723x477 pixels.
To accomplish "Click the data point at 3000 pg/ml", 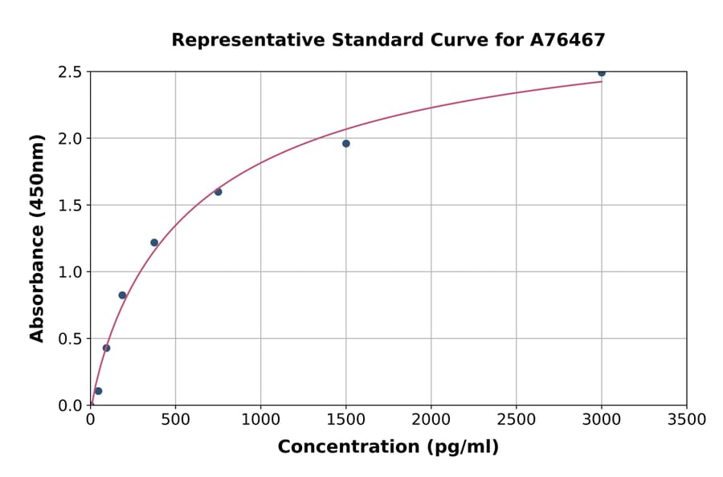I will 601,72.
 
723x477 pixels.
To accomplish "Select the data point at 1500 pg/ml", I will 345,144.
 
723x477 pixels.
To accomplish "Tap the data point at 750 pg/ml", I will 218,192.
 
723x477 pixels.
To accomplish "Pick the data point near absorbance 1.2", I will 154,243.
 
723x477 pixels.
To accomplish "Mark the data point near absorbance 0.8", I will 122,296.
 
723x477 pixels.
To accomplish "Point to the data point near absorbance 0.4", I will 106,348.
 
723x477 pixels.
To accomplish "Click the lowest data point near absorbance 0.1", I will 98,391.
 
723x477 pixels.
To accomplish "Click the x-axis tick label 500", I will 175,419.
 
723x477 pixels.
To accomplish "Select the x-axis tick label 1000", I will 260,419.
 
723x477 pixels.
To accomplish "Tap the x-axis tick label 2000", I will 431,419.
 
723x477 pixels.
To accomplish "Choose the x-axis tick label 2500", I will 516,419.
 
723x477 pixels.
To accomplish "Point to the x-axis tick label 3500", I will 686,419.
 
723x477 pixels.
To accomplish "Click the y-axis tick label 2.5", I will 71,72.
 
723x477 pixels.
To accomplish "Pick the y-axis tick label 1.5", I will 71,206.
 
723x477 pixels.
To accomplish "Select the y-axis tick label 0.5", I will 71,339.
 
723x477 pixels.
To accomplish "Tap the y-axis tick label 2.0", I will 71,139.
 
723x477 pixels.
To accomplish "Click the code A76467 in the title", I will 568,40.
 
